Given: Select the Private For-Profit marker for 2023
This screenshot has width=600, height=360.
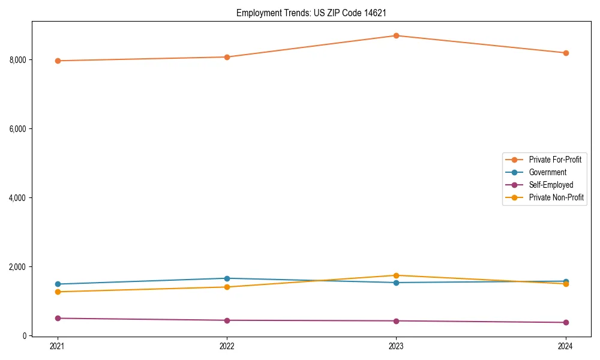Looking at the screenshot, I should click(396, 36).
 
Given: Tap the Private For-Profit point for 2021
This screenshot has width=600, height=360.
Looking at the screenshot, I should click(58, 61).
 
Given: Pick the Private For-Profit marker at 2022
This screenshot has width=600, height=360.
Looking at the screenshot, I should click(227, 57).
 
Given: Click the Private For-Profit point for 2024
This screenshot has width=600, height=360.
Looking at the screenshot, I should click(566, 53).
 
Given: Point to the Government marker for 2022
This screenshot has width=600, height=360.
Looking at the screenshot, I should click(227, 278).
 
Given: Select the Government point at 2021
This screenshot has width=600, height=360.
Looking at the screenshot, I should click(58, 284).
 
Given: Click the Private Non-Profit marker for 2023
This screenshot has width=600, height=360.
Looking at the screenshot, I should click(396, 275).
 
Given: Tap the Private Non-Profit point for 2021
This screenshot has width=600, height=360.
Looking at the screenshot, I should click(58, 292).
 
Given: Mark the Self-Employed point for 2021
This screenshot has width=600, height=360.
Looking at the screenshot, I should click(58, 318).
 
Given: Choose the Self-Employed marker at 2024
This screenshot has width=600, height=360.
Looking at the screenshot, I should click(566, 322).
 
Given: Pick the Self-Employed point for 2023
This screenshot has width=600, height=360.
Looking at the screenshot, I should click(396, 321).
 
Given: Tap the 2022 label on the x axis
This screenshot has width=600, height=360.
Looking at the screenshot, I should click(227, 346).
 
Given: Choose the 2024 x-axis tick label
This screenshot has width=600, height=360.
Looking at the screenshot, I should click(566, 346).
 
